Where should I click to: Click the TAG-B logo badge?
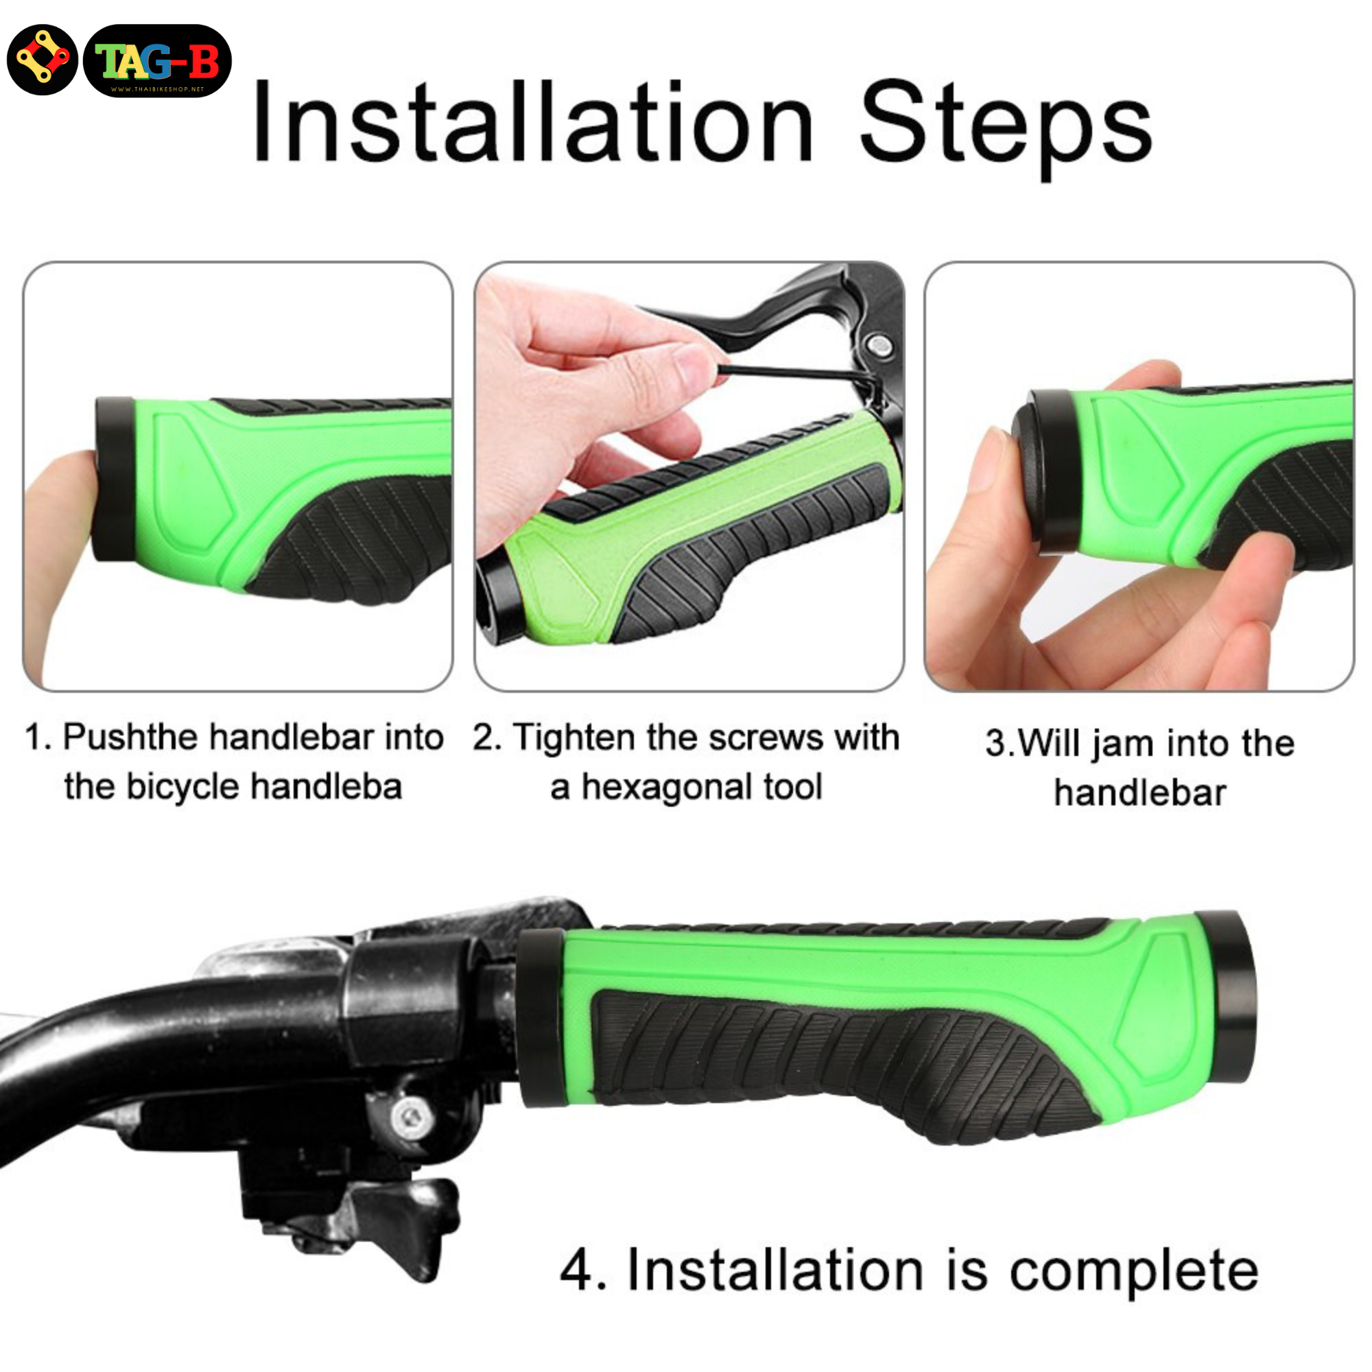(x=157, y=61)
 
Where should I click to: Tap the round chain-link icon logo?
(x=42, y=60)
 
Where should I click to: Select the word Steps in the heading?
(x=1006, y=128)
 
